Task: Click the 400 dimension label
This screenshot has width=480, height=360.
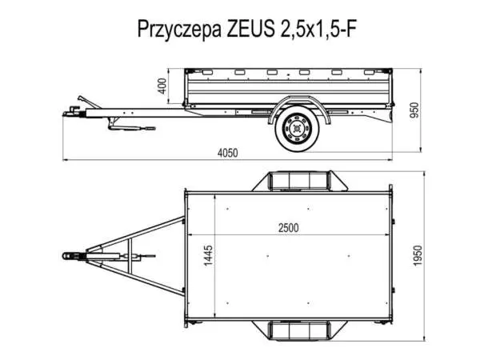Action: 163,86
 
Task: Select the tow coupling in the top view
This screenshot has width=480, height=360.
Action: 72,256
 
